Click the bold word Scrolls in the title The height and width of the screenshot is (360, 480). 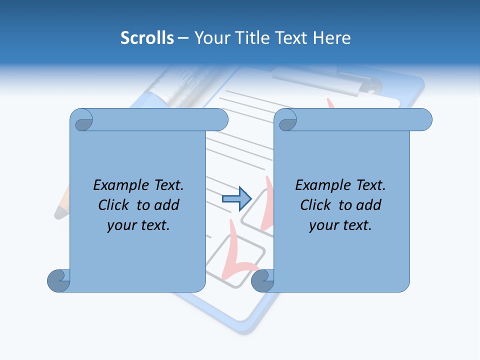coord(147,38)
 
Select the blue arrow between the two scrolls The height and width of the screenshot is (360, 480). coord(236,199)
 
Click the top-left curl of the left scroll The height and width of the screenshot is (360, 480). coord(81,120)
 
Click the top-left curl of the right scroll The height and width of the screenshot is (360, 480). coord(286,120)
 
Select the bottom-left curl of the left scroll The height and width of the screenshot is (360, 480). coord(58,280)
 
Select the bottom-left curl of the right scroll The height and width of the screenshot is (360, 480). coord(262,280)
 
